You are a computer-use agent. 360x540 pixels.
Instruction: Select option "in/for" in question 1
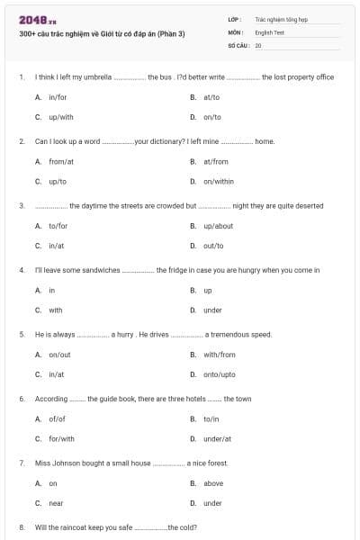(x=58, y=97)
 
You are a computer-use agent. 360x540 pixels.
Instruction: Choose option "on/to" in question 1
(x=212, y=117)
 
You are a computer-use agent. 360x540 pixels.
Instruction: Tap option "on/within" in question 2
(x=219, y=182)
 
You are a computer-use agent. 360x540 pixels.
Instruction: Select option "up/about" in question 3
(x=219, y=226)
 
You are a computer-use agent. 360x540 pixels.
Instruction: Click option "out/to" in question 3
(x=213, y=246)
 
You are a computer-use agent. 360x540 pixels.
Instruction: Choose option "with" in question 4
(x=56, y=310)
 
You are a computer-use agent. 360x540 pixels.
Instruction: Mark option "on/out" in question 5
(x=59, y=355)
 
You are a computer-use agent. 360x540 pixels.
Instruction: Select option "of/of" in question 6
(x=58, y=418)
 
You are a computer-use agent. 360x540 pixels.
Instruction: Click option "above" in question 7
(x=213, y=483)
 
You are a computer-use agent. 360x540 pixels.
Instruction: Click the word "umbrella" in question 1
(x=97, y=77)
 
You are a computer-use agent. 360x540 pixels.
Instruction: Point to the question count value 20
(x=258, y=44)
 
